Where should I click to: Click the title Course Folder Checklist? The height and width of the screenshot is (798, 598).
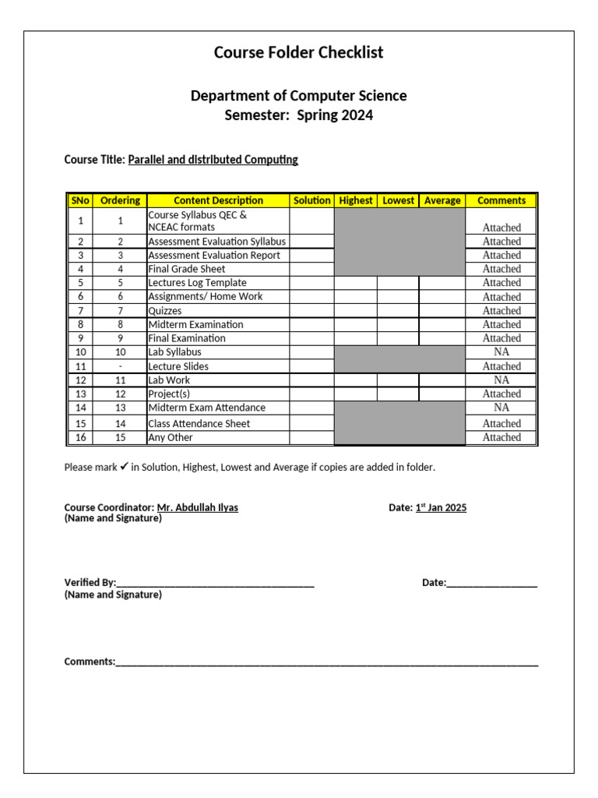tap(298, 53)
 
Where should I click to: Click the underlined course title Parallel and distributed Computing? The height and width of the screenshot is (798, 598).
tap(213, 160)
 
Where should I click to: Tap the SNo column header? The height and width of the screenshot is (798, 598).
tap(81, 200)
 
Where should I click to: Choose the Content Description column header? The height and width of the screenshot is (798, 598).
tap(218, 200)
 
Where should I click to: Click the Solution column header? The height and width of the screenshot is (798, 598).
tap(311, 200)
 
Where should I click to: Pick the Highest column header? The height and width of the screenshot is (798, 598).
tap(356, 200)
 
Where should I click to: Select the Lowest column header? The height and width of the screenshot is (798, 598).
tap(398, 200)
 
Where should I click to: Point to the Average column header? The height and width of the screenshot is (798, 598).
tap(442, 200)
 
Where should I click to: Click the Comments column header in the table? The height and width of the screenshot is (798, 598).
tap(501, 200)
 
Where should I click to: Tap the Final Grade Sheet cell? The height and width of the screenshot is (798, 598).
tap(187, 269)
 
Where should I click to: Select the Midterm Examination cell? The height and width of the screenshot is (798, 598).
tap(195, 324)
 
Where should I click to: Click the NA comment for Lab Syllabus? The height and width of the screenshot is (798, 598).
tap(501, 352)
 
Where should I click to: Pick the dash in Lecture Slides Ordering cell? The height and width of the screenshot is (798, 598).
tap(120, 366)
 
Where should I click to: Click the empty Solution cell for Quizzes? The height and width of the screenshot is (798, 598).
tap(311, 311)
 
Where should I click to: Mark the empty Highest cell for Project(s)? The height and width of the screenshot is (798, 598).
tap(356, 394)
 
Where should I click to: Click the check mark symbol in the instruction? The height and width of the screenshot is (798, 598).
tap(124, 467)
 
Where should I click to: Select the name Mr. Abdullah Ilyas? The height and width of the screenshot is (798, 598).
tap(198, 507)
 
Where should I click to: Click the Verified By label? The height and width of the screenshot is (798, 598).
tap(90, 583)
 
